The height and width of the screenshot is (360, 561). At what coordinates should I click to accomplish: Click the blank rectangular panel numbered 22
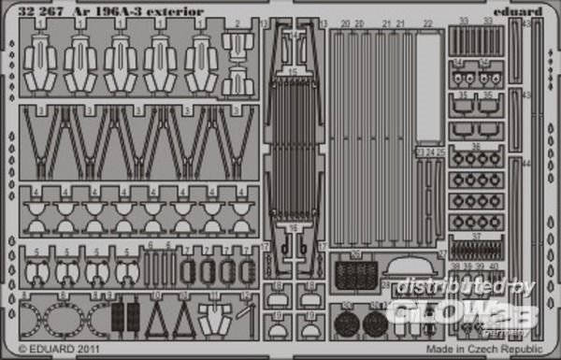point(427,89)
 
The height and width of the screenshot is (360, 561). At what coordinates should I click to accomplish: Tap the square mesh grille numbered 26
point(354,274)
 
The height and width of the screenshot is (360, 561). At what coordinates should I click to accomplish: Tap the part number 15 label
point(295,71)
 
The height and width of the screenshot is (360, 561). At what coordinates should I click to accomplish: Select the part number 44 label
point(525,160)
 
